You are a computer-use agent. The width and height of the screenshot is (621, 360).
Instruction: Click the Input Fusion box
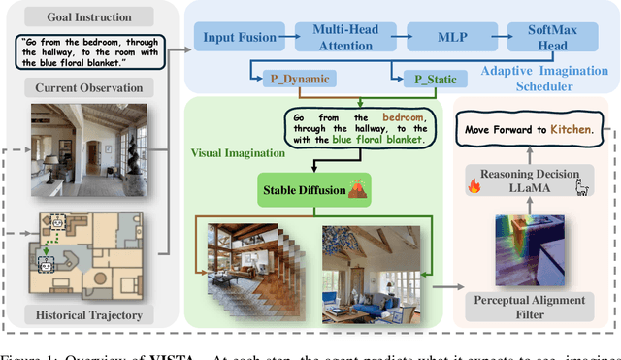click(236, 38)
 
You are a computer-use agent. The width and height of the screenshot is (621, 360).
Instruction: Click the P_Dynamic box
click(296, 77)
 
